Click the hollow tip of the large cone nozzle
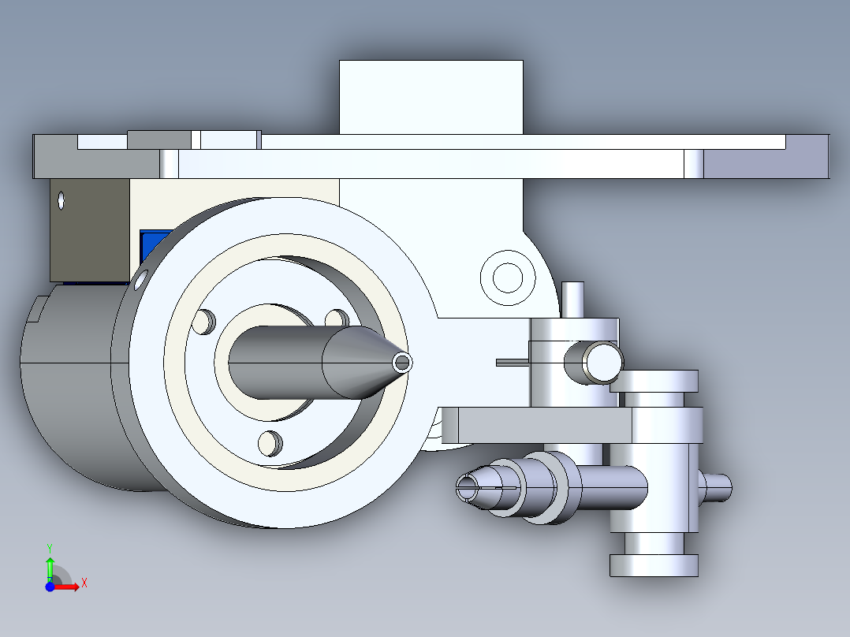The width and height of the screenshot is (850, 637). (x=403, y=363)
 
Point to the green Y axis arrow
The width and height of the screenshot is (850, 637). (x=50, y=564)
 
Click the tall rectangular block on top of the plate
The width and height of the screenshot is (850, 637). (x=431, y=96)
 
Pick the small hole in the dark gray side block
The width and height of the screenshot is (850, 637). (x=62, y=200)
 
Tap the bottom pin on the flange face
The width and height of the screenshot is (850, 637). (x=270, y=443)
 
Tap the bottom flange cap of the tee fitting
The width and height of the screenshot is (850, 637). (x=654, y=564)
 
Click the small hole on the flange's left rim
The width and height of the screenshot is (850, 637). (x=141, y=278)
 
